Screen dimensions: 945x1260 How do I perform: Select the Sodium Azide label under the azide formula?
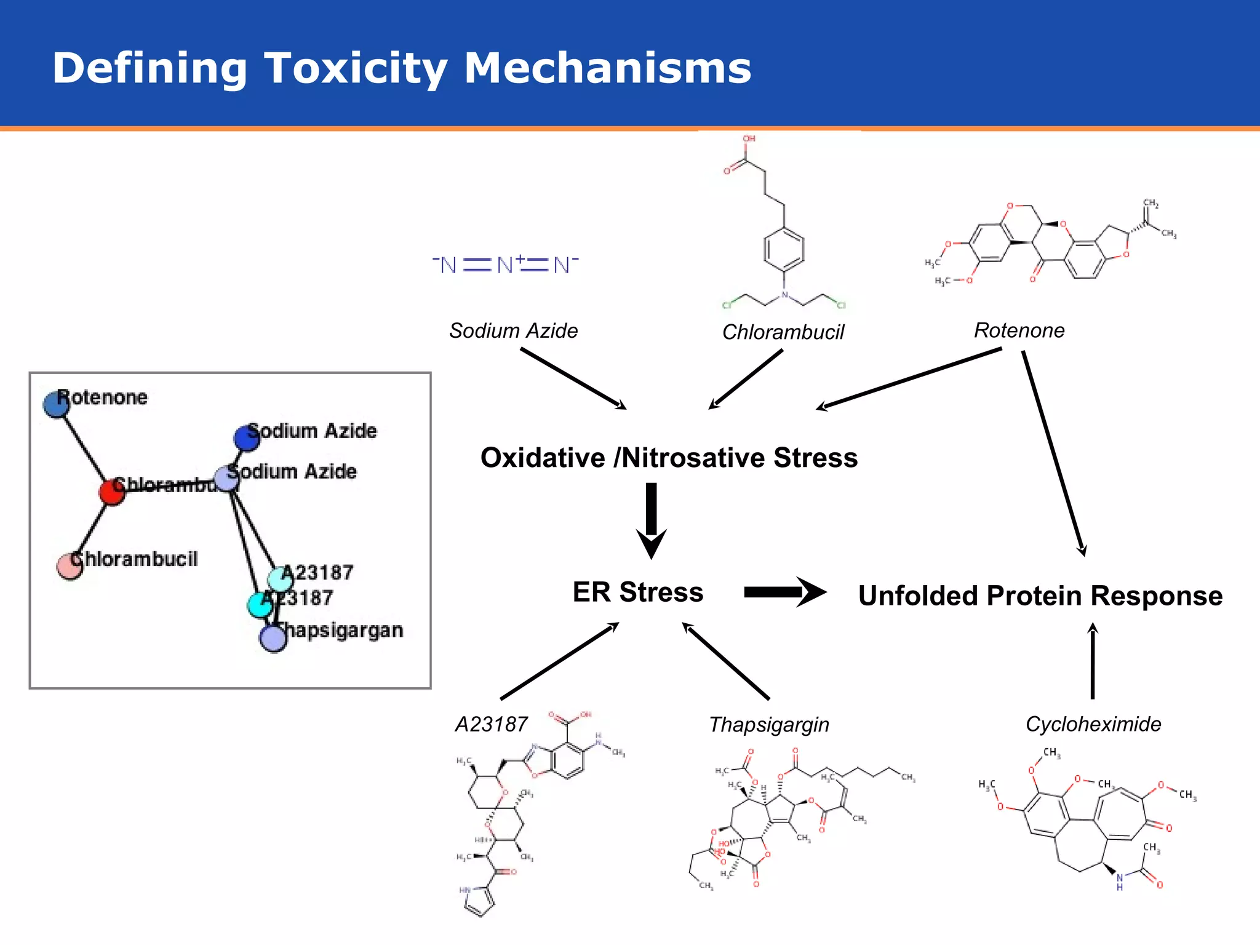513,331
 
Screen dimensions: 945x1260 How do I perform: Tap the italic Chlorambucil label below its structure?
783,332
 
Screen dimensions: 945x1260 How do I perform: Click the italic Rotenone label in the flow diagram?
1019,330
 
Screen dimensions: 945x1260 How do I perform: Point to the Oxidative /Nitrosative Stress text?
669,458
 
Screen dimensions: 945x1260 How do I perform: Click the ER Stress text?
637,592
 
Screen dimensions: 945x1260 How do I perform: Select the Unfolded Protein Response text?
1040,596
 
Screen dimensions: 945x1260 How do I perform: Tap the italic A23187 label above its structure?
491,724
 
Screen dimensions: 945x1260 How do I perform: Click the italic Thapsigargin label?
768,724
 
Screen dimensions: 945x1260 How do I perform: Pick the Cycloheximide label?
1093,724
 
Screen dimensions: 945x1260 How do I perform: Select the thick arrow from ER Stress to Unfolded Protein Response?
784,592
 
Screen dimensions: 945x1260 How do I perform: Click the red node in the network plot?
112,492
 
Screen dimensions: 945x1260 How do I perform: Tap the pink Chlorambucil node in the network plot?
69,567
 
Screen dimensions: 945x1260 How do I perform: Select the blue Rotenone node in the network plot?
56,405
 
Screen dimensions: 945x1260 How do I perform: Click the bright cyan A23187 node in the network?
260,605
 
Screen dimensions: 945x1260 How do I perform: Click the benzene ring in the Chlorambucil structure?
783,249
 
